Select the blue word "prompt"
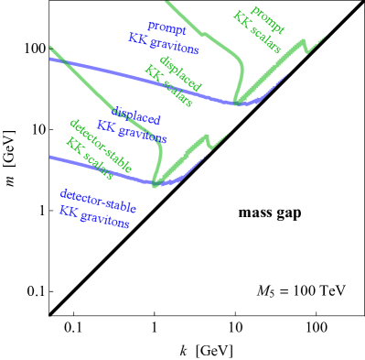pos(166,28)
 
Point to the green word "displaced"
pos(180,71)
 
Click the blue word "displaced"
pos(137,117)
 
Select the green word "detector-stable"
pos(101,145)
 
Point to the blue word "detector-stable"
pos(99,199)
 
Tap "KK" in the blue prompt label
pos(137,38)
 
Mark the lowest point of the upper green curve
pos(237,102)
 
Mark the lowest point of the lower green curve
pos(156,184)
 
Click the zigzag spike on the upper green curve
pos(320,41)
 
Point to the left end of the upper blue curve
pos(51,58)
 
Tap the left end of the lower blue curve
pos(51,157)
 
